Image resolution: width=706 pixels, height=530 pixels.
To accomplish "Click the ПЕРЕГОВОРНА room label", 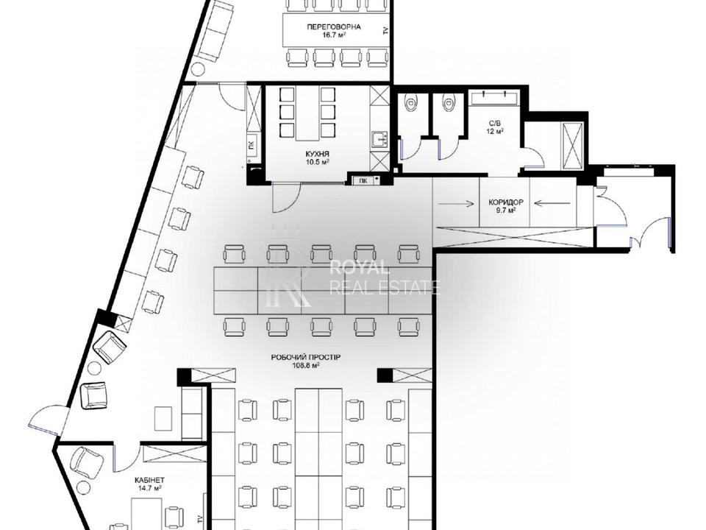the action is coord(334,27).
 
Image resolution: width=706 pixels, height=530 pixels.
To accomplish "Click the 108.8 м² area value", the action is coord(306,366).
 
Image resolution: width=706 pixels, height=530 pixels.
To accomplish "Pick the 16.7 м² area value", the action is coord(334,35).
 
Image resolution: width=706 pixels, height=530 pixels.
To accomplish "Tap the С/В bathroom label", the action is coord(494,124).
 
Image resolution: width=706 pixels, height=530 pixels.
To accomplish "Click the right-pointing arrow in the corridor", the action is coord(456,204).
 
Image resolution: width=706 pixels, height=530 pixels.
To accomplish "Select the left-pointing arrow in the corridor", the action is coord(553,204).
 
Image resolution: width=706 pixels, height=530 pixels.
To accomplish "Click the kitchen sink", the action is coord(380,140).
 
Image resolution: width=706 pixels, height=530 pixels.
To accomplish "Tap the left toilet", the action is coord(410,104).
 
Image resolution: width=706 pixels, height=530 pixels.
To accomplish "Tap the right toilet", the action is coord(448,104).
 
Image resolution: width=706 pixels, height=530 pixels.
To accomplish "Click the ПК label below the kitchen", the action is coord(363,181).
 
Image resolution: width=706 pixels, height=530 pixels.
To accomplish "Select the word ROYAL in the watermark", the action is coord(360,268).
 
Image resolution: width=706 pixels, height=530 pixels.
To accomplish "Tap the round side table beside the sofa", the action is coord(197,69).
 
